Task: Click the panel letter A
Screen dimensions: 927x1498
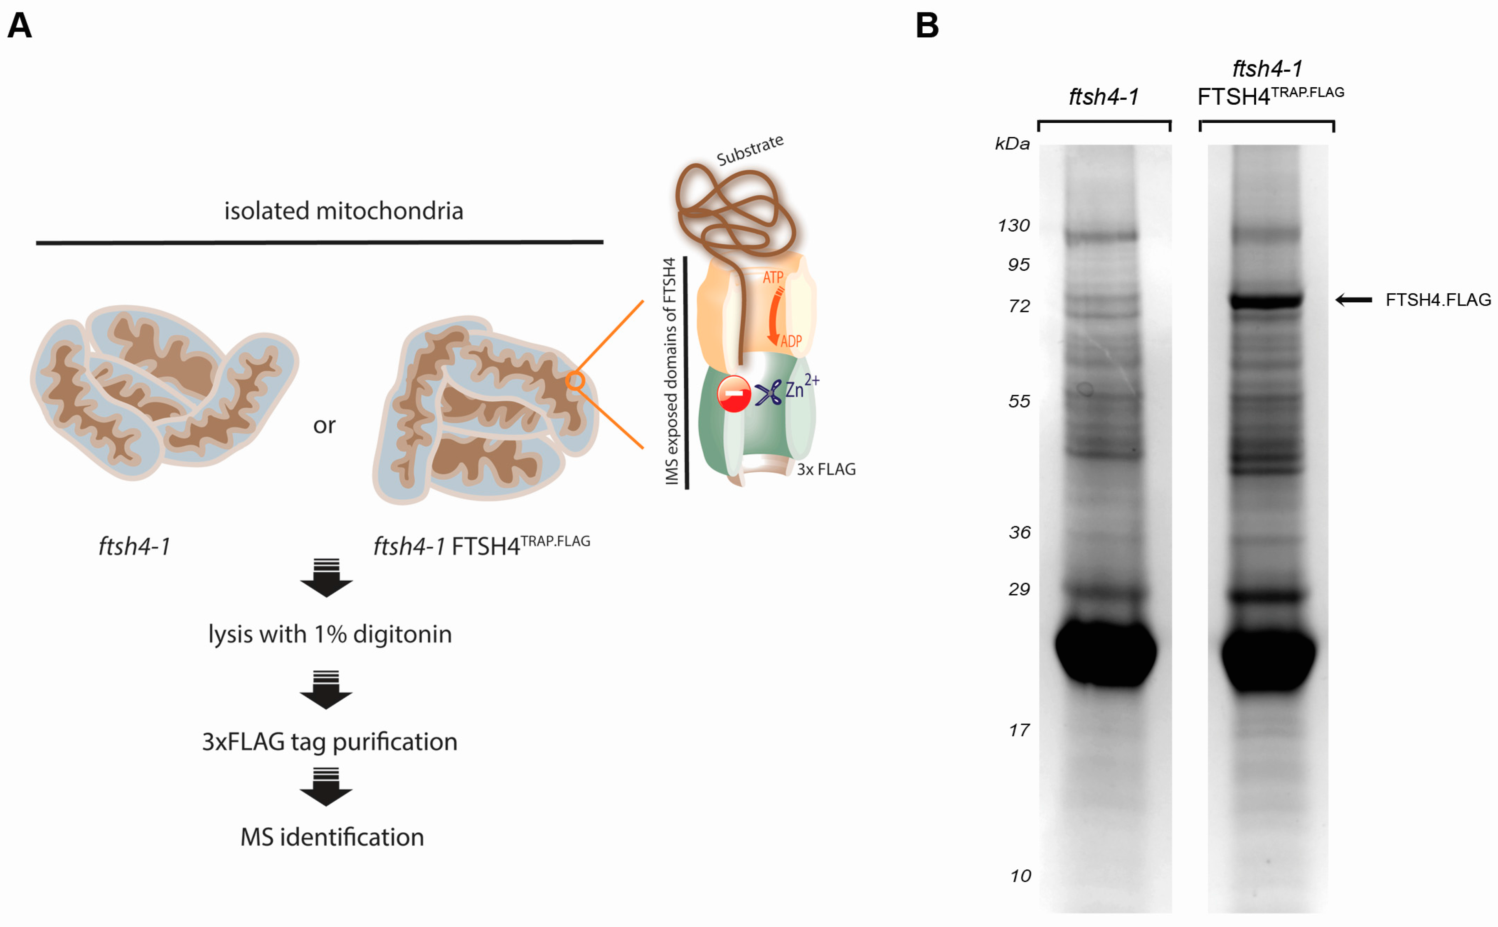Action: tap(20, 26)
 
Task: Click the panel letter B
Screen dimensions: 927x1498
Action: tap(927, 26)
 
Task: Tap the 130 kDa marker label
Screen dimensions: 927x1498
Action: tap(1013, 226)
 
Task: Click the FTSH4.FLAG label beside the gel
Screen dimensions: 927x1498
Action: tap(1438, 300)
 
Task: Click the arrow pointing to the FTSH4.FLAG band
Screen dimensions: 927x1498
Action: tap(1354, 300)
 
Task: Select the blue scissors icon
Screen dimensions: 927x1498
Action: tap(768, 393)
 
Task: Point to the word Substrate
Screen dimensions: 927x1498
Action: tap(749, 150)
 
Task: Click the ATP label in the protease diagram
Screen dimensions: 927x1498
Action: tap(773, 278)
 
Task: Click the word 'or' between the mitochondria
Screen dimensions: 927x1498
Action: tap(324, 425)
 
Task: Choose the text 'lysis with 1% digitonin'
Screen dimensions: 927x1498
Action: tap(330, 634)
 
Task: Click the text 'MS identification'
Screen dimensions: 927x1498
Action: tap(332, 837)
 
